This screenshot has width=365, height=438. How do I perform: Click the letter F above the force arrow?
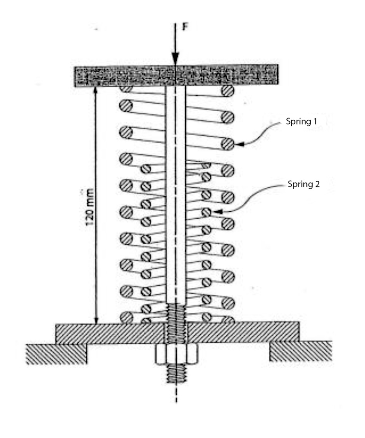tap(185, 27)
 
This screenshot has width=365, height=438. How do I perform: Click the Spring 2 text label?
tap(303, 184)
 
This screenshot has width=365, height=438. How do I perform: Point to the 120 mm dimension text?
tap(89, 207)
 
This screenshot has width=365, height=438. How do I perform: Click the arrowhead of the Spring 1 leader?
tap(239, 144)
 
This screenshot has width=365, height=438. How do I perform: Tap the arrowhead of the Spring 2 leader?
tap(218, 212)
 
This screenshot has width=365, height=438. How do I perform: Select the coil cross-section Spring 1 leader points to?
tap(228, 144)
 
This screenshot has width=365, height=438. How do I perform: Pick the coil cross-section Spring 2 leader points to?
tap(207, 212)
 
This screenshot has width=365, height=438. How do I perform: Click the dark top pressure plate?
tap(176, 75)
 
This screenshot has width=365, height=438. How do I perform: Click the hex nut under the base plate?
tap(176, 354)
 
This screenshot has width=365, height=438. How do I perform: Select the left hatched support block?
tap(56, 354)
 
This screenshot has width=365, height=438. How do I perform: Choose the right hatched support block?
tap(301, 351)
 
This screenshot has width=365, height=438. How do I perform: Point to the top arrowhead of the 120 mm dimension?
tap(96, 90)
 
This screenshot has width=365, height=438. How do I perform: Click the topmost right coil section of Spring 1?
tap(228, 91)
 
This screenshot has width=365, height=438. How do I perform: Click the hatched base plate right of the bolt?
tap(243, 333)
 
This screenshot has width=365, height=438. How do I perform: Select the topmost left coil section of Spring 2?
tap(145, 169)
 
